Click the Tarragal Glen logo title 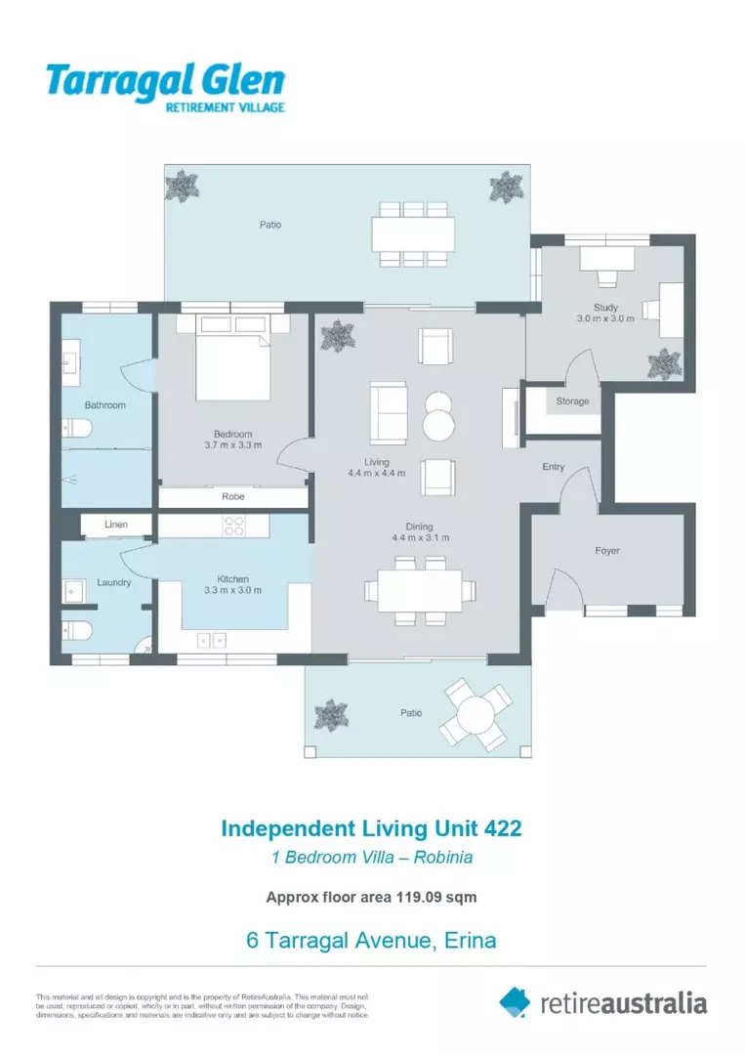[x=165, y=80]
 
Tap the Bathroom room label [x=104, y=404]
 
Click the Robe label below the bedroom [x=232, y=497]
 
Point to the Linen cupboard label [x=115, y=525]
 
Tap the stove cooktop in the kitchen [x=234, y=526]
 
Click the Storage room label [x=572, y=401]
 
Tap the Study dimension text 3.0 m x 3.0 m [x=605, y=318]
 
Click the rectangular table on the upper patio [x=412, y=234]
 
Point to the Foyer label [x=607, y=551]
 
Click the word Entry [x=554, y=467]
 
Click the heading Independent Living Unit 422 [x=371, y=828]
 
